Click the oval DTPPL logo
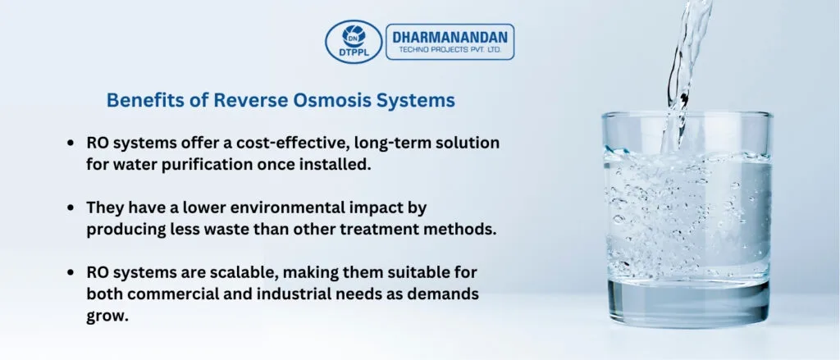tap(354, 42)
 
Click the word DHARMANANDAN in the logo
tap(450, 37)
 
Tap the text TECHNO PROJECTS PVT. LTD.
tap(450, 50)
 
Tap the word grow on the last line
tap(107, 317)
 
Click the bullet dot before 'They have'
tap(71, 207)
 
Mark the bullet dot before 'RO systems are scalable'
tap(71, 273)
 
